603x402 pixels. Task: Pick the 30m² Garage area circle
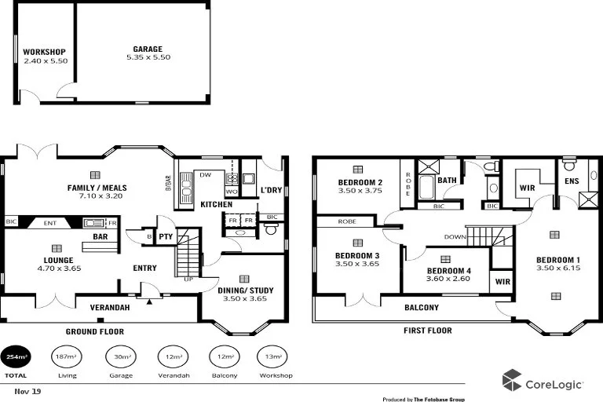click(121, 358)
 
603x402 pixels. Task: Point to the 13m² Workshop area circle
click(276, 358)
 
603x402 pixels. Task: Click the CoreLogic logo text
click(554, 383)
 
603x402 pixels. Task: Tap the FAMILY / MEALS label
click(97, 188)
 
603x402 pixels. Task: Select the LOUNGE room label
click(59, 260)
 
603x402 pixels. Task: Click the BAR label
click(100, 236)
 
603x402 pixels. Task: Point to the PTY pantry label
click(166, 236)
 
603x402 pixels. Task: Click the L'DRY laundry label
click(271, 190)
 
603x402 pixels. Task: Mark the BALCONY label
click(422, 307)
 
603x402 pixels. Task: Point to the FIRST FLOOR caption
click(428, 331)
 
